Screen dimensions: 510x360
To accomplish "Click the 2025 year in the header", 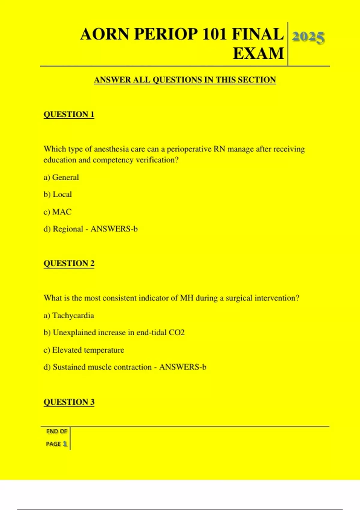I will click(x=308, y=37).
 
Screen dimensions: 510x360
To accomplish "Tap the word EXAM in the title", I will click(x=258, y=54).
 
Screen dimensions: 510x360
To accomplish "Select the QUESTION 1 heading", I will click(x=69, y=114).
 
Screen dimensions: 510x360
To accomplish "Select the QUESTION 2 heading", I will click(x=69, y=263).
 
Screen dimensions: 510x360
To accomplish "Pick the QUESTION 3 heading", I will click(x=69, y=402).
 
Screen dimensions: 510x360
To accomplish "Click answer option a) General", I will click(x=61, y=177).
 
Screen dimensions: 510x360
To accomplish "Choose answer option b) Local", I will click(x=58, y=194).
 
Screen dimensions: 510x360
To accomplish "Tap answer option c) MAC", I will click(x=58, y=212).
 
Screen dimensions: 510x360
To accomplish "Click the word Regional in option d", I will click(x=68, y=229).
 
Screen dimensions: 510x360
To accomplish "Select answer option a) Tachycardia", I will click(x=69, y=315).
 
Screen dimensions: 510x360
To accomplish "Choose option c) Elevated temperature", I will click(x=84, y=350).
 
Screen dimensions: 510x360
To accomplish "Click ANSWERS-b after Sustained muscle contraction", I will click(x=183, y=367).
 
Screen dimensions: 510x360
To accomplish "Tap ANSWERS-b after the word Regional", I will click(x=114, y=229).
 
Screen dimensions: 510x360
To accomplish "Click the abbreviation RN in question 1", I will click(x=219, y=149).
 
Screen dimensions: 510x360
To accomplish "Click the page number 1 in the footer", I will click(x=65, y=444).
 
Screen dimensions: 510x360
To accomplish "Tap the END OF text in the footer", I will click(x=57, y=431).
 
